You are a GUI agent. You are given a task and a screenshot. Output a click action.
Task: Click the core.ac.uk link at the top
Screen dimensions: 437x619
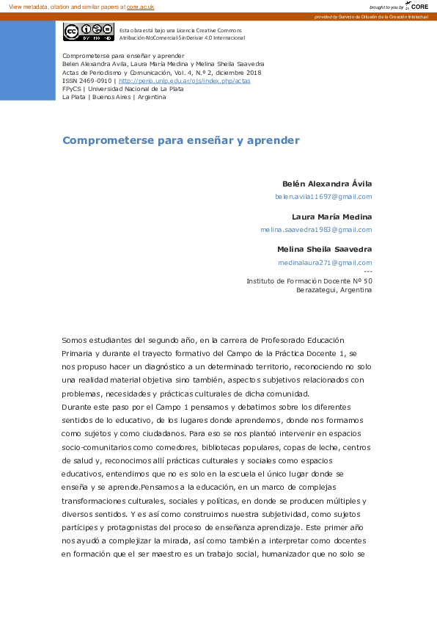pos(140,7)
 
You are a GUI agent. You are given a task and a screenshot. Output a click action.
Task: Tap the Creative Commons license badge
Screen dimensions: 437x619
pos(88,32)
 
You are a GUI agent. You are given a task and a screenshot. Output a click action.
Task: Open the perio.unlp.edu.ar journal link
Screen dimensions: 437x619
pos(184,81)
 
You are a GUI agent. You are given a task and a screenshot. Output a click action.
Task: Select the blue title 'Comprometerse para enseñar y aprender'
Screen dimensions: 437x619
pos(181,140)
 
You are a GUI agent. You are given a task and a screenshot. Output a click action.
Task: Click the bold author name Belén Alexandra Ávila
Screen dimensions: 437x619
pos(327,184)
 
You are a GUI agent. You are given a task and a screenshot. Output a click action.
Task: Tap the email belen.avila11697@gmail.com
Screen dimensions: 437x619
pos(323,197)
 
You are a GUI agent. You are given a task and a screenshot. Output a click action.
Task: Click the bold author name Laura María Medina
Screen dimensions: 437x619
pos(331,217)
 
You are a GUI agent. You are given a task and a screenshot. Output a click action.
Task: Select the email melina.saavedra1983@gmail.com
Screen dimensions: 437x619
pos(316,230)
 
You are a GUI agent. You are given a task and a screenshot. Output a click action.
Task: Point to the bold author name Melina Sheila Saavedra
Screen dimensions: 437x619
pos(324,250)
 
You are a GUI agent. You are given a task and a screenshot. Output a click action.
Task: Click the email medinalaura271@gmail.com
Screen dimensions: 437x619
pos(325,263)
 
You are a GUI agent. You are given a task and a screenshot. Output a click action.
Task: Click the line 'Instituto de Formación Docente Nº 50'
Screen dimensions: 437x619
pos(309,281)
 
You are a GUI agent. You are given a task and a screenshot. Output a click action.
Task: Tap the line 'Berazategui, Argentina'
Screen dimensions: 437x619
pos(334,290)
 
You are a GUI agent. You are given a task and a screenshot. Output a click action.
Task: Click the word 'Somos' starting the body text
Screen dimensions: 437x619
pos(74,340)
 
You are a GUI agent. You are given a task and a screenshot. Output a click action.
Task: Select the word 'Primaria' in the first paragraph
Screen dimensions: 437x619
pos(78,353)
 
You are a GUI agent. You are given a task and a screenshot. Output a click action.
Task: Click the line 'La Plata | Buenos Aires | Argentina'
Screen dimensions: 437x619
pos(114,97)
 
